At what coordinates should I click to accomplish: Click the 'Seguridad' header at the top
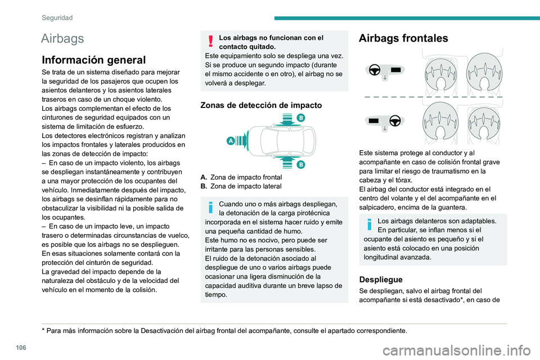(x=57, y=18)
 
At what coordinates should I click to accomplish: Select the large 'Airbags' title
(x=63, y=39)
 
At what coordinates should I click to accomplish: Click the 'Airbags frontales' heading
(x=403, y=38)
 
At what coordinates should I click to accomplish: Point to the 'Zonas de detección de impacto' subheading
(x=261, y=105)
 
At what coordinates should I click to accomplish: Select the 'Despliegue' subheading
(x=382, y=279)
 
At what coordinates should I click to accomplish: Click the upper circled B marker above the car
(x=300, y=118)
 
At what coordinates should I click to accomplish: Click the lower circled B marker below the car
(x=300, y=164)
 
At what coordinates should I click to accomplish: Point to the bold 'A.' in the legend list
(x=204, y=177)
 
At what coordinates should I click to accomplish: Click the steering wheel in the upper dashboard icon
(x=375, y=70)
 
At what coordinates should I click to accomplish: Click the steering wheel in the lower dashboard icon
(x=394, y=120)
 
